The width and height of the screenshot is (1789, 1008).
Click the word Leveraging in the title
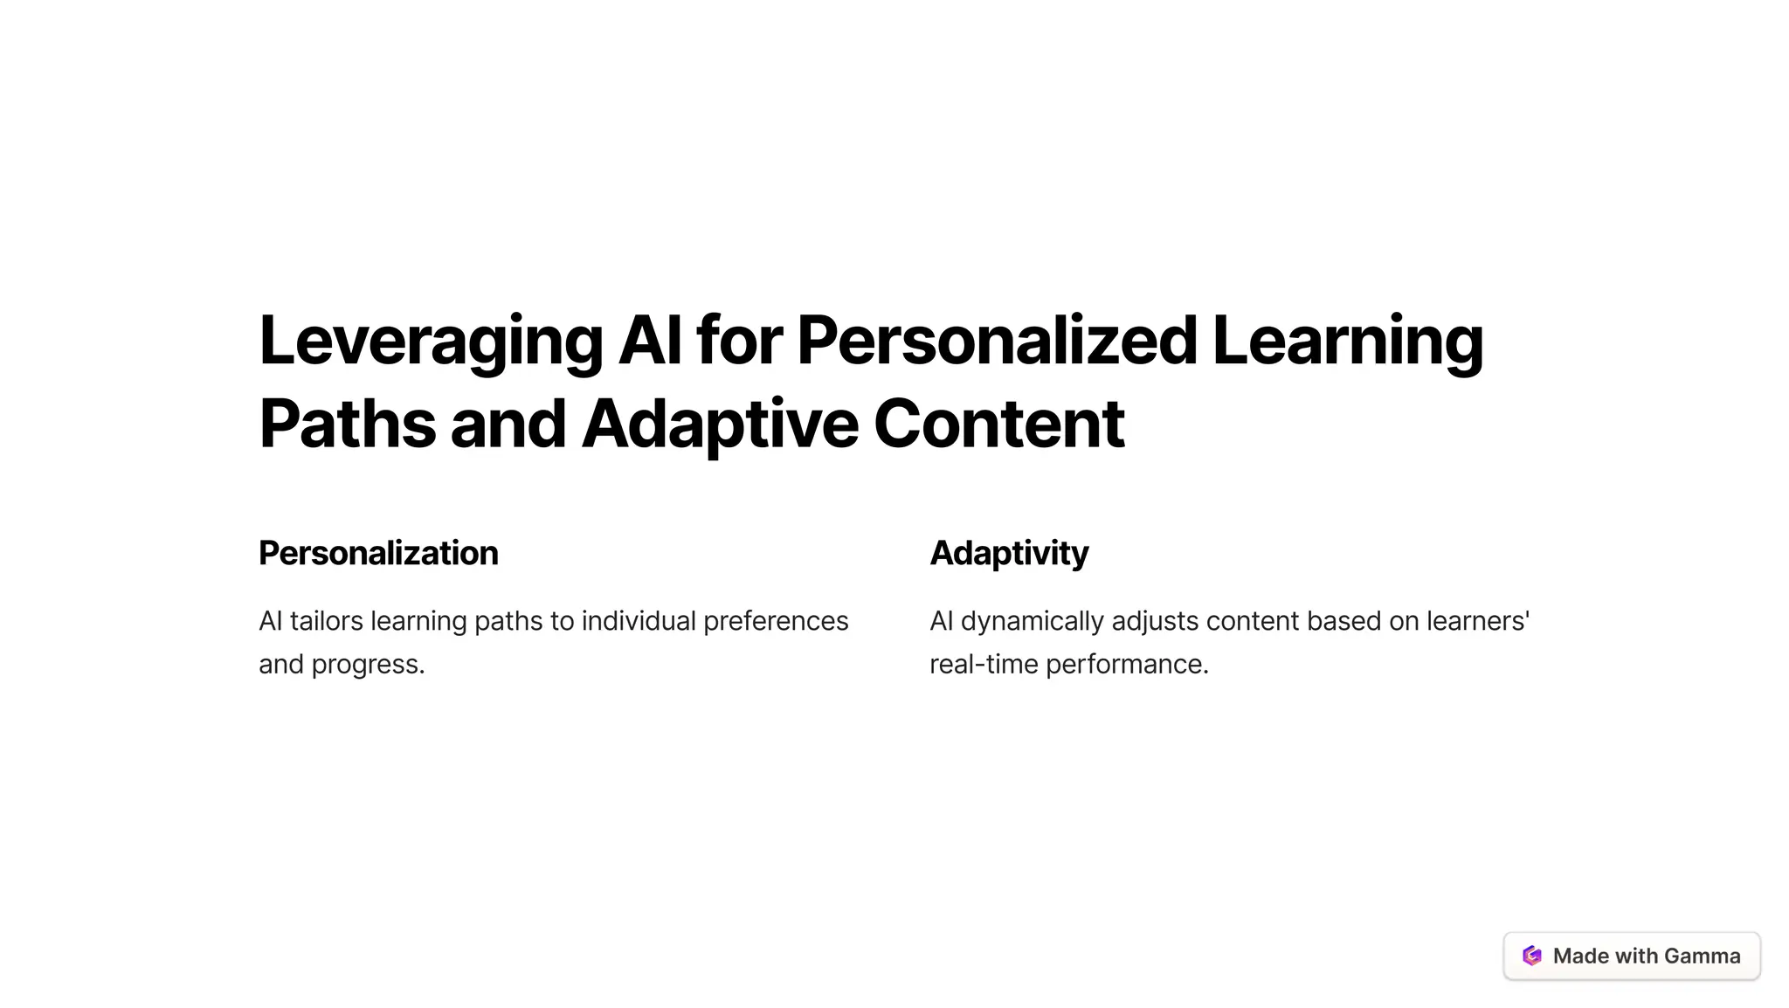click(x=431, y=342)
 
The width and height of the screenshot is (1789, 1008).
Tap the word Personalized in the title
click(x=997, y=342)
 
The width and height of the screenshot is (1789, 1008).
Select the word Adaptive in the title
click(x=721, y=425)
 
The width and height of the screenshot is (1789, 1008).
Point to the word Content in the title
click(x=998, y=425)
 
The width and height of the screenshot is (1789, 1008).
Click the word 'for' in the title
click(x=739, y=342)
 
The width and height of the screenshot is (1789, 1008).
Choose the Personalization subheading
click(x=378, y=553)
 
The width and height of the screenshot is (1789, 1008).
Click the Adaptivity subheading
click(x=1009, y=553)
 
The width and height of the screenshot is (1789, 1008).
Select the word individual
click(x=639, y=621)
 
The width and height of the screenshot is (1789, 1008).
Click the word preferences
click(x=776, y=621)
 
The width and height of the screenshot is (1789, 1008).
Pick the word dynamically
click(x=1033, y=621)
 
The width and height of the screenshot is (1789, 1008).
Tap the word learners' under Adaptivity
click(x=1478, y=621)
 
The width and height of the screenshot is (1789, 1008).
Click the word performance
click(x=1127, y=665)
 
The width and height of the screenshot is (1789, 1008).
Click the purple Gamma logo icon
click(x=1532, y=956)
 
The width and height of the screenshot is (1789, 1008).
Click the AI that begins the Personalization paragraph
click(x=270, y=621)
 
